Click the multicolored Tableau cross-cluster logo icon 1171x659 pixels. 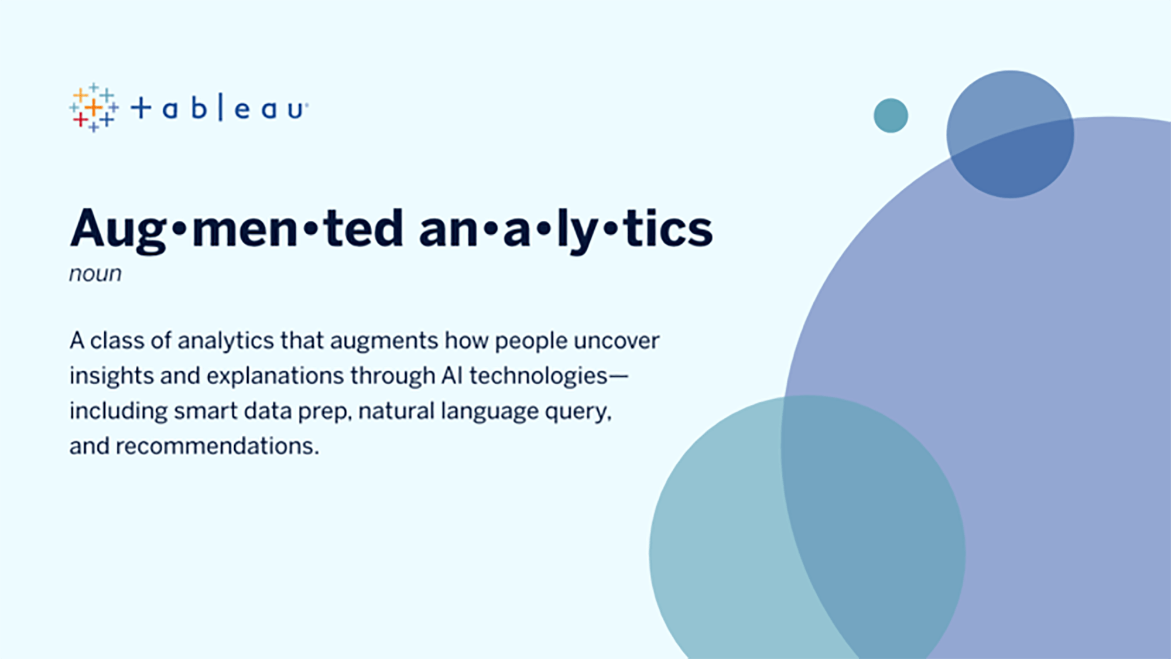94,108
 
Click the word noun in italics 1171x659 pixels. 95,274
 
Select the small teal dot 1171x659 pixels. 891,115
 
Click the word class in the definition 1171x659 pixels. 117,340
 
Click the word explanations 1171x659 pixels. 275,376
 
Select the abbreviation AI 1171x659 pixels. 452,375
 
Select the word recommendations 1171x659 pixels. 217,446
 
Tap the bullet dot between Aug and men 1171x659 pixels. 180,229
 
